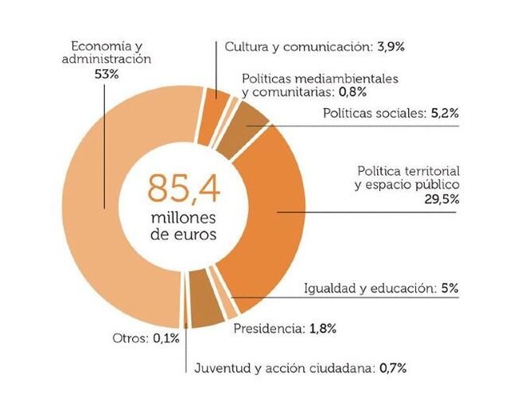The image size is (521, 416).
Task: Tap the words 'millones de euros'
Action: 183,227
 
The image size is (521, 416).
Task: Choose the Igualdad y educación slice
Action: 207,313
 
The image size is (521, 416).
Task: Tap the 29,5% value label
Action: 442,200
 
